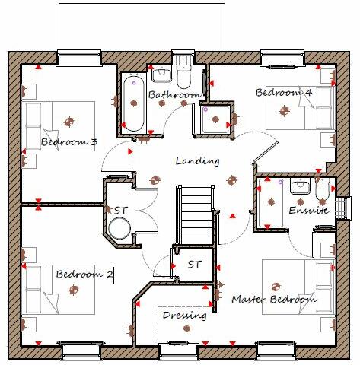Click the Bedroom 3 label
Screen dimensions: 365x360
pyautogui.click(x=68, y=142)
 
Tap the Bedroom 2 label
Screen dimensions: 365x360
pyautogui.click(x=84, y=274)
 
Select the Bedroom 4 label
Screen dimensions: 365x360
pyautogui.click(x=283, y=93)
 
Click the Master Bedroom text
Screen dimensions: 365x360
pyautogui.click(x=273, y=300)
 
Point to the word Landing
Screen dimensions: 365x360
pyautogui.click(x=197, y=161)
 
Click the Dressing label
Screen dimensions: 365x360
pyautogui.click(x=184, y=316)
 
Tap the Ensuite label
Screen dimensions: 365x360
pyautogui.click(x=308, y=210)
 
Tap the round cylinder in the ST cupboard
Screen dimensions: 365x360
pyautogui.click(x=119, y=227)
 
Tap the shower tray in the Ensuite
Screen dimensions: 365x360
pyautogui.click(x=268, y=202)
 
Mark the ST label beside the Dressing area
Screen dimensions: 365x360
pyautogui.click(x=195, y=265)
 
